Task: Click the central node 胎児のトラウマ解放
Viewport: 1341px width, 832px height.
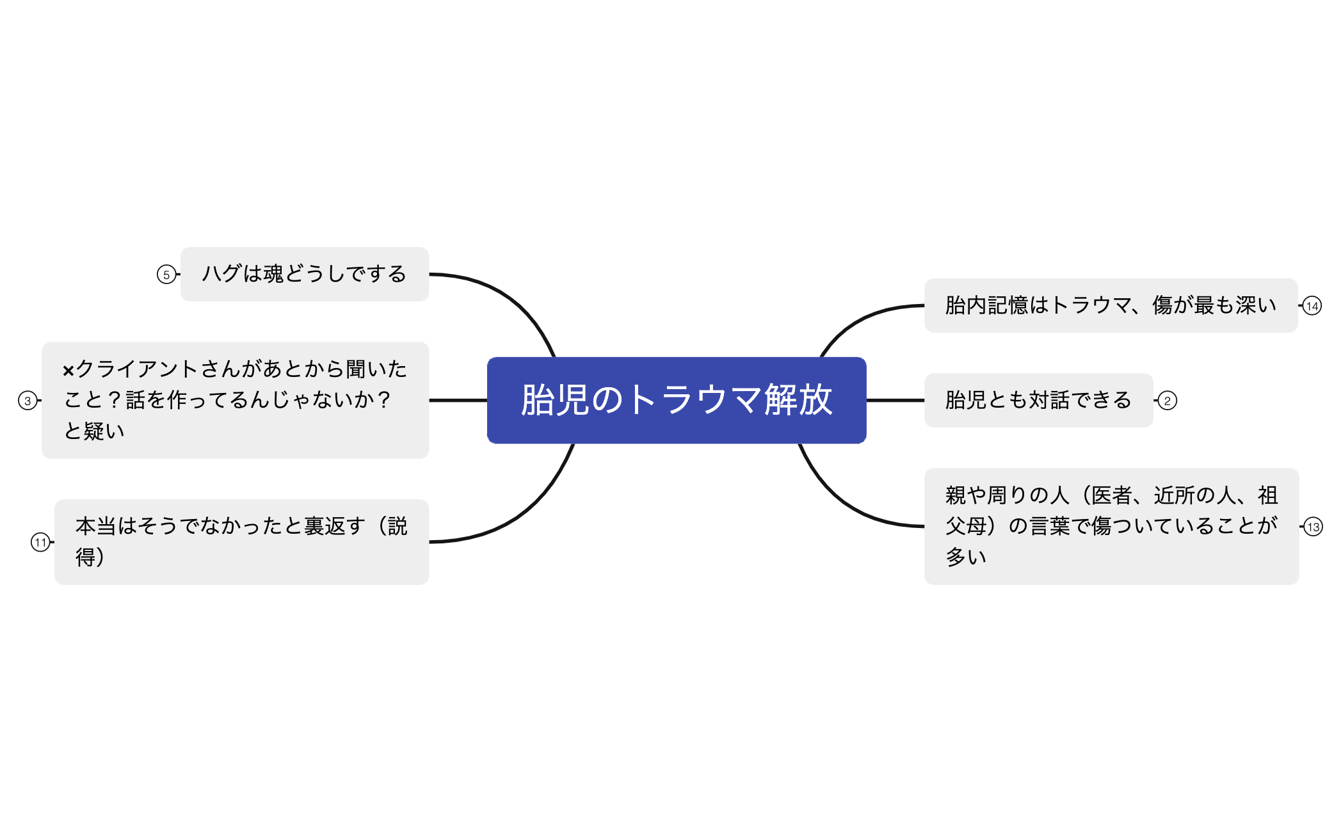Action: click(676, 400)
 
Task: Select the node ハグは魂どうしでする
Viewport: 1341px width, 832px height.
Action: click(304, 274)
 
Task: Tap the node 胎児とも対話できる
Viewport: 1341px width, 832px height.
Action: click(1038, 400)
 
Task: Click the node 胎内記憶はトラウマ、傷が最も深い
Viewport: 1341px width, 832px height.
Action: click(1110, 305)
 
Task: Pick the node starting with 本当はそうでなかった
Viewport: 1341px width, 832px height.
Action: click(241, 541)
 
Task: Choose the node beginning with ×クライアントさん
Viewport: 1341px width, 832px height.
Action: click(235, 400)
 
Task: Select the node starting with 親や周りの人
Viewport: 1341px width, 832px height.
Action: click(1111, 526)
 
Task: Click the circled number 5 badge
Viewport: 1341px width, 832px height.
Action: click(166, 275)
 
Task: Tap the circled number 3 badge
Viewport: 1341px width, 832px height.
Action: click(28, 401)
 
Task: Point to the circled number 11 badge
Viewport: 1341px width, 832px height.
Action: click(40, 543)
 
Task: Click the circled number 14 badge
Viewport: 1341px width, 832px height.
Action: click(1312, 306)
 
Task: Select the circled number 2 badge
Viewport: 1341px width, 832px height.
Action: click(1168, 401)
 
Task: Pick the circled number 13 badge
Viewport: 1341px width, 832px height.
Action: click(1313, 527)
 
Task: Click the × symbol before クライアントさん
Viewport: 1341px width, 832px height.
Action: click(68, 371)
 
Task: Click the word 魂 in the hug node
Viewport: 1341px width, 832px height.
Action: click(273, 274)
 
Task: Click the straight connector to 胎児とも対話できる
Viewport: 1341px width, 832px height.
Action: click(895, 400)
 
